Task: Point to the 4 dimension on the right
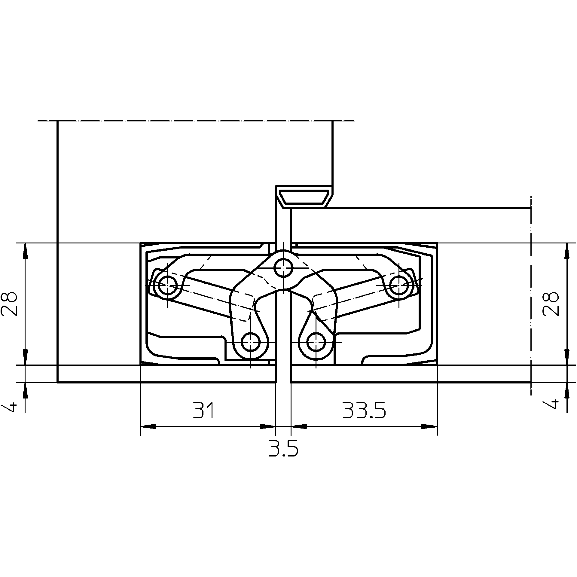tap(551, 405)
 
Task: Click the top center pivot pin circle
tap(283, 267)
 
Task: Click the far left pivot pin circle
tap(168, 284)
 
